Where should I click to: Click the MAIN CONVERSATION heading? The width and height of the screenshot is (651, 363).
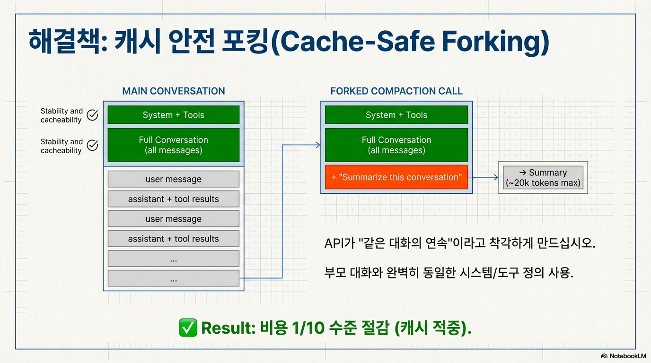coord(174,91)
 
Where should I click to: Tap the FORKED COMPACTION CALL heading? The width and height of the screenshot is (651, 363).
coord(396,91)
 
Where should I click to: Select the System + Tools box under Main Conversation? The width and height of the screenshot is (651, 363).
coord(174,115)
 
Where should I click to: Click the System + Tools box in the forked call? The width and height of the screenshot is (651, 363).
coord(396,115)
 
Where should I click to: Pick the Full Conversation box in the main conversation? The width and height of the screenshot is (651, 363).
coord(174,145)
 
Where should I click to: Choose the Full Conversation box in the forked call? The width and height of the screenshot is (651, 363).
coord(396,145)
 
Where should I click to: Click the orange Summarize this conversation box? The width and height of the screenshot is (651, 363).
coord(396,177)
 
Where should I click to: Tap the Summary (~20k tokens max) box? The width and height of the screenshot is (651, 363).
coord(543,178)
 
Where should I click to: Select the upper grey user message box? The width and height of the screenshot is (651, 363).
coord(174,179)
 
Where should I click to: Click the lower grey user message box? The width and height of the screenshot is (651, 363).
coord(174,219)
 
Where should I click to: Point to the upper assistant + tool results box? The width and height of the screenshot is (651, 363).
coord(174,199)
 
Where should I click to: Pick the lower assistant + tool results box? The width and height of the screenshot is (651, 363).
coord(174,239)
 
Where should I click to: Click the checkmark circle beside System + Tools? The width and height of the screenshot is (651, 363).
coord(93,115)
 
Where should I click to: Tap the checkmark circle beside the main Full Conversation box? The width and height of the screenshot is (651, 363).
coord(93,145)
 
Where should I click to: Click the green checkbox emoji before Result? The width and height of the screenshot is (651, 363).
coord(188,328)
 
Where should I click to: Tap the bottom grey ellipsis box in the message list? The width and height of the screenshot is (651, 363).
coord(174,278)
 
